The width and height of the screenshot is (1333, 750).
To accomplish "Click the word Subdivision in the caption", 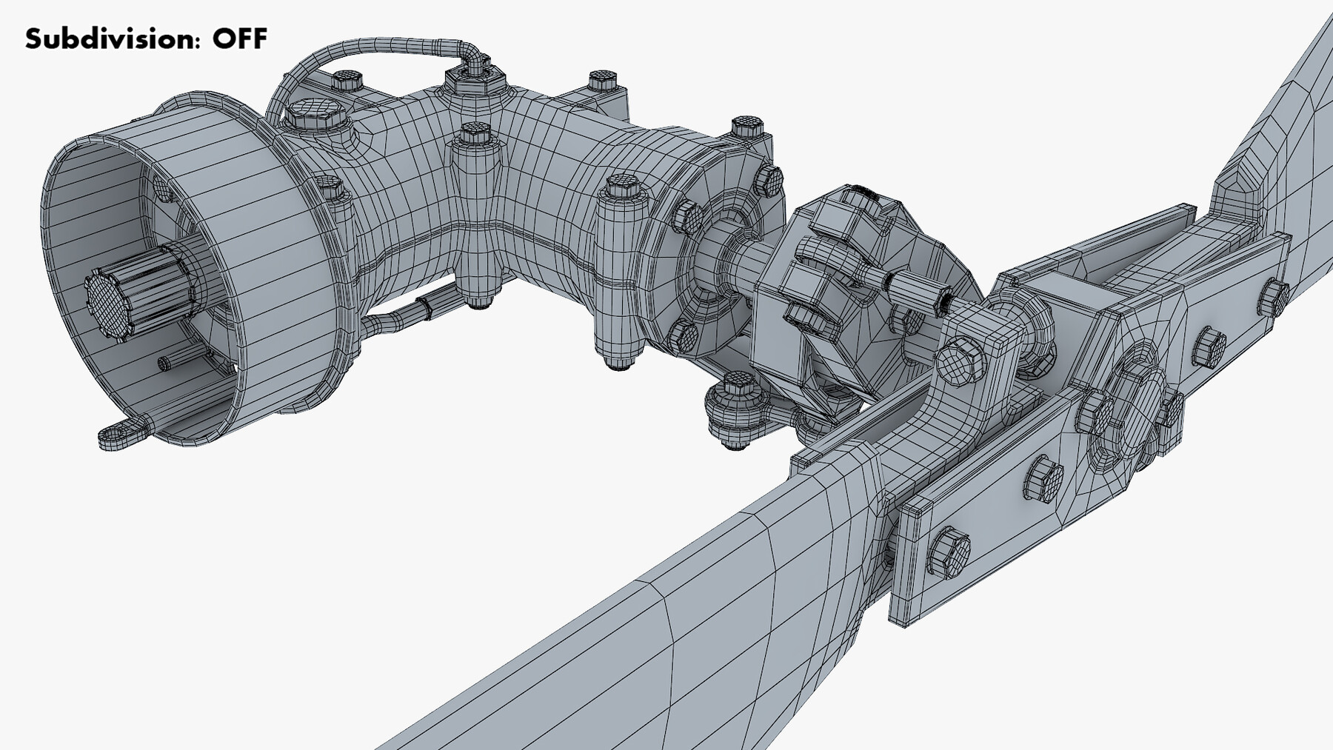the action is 111,38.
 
